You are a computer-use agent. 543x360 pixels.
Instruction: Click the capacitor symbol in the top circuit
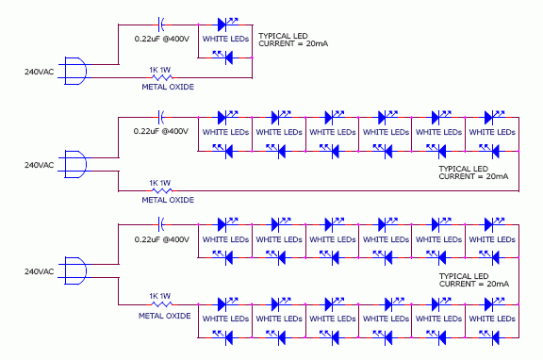click(x=161, y=25)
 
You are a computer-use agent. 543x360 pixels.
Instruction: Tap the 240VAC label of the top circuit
click(x=40, y=72)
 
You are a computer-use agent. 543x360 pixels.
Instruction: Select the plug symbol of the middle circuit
click(x=75, y=164)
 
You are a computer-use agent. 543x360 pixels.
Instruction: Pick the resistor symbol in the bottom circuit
click(x=162, y=304)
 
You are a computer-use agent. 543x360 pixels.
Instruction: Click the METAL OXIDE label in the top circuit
click(x=168, y=87)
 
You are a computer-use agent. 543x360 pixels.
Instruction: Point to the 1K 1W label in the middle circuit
click(x=160, y=183)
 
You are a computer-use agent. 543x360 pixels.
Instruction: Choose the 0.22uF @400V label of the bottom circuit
click(x=162, y=239)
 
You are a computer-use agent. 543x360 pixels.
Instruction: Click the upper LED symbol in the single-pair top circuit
click(x=227, y=25)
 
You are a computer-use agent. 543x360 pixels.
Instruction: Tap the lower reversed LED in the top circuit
click(x=223, y=57)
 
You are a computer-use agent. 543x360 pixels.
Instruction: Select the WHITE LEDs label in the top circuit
click(x=225, y=39)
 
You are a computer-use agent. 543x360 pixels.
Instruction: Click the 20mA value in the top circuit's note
click(x=317, y=43)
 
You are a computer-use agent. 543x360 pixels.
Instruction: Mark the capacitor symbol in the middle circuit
click(x=161, y=118)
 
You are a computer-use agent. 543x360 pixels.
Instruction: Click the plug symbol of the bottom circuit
click(x=75, y=271)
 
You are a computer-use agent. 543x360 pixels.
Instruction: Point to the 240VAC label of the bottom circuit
click(x=40, y=271)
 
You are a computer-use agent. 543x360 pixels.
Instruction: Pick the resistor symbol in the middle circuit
click(x=162, y=190)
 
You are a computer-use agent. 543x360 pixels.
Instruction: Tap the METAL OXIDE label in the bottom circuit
click(x=165, y=316)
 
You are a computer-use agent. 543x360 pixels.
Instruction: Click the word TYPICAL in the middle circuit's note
click(x=452, y=169)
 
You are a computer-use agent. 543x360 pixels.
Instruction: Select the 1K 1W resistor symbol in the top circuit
click(x=162, y=77)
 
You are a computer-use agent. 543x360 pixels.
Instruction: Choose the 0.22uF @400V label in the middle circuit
click(x=161, y=131)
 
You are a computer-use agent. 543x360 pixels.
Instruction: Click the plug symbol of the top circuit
click(x=75, y=71)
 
